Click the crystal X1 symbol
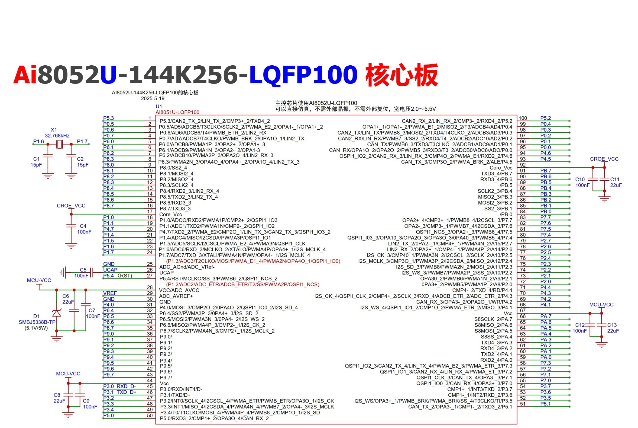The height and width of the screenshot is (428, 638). (x=59, y=144)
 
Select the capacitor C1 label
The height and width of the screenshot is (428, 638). (x=36, y=159)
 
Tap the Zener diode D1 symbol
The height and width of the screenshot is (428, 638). (x=56, y=313)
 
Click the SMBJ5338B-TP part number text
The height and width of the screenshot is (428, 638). (x=37, y=322)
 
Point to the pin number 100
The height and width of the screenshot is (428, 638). (x=523, y=118)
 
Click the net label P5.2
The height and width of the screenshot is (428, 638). (x=546, y=118)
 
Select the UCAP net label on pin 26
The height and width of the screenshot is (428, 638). (x=110, y=270)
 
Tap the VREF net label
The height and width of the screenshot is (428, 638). (x=110, y=293)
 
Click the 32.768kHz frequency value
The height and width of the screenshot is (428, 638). (x=57, y=136)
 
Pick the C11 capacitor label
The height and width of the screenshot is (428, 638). (x=615, y=179)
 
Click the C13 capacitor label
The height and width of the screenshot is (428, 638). (x=612, y=325)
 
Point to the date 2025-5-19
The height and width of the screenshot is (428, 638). (x=153, y=98)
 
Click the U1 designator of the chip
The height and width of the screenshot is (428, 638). (x=159, y=106)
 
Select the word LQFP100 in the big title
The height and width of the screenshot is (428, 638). (x=303, y=75)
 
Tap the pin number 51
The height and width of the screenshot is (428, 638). (x=523, y=404)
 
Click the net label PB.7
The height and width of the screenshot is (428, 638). (x=546, y=171)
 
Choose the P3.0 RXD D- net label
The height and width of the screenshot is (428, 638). (x=119, y=386)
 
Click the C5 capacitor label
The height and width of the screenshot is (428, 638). (x=83, y=270)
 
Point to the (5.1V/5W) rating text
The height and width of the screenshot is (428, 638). (x=36, y=328)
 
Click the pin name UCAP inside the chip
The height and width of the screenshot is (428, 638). (x=166, y=273)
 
